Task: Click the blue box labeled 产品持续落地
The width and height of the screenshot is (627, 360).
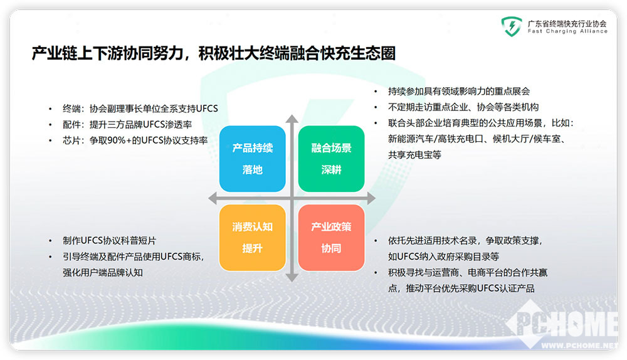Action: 252,159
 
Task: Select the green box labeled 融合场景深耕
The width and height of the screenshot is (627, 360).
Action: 331,159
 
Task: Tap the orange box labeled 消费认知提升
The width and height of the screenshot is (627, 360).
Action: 252,238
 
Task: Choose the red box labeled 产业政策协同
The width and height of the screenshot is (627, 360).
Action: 331,238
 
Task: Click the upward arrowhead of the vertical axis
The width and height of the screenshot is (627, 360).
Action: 292,119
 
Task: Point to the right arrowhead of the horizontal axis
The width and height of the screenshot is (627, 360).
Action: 371,198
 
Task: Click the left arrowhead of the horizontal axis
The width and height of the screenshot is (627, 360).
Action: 213,198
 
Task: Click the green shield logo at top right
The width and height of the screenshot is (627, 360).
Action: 512,26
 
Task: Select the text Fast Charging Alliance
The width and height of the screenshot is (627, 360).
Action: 567,31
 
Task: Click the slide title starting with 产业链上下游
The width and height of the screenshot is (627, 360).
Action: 214,53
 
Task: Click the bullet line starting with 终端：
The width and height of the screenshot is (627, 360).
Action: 140,109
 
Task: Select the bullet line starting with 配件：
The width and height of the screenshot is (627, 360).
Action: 127,124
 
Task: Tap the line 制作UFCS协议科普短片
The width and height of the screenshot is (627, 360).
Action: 109,240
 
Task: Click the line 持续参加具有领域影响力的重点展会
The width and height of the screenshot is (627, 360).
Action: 459,91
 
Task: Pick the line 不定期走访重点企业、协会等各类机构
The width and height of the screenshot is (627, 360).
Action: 463,107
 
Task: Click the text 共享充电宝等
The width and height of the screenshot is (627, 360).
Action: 414,155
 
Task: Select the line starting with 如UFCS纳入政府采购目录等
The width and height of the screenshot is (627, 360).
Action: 443,257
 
